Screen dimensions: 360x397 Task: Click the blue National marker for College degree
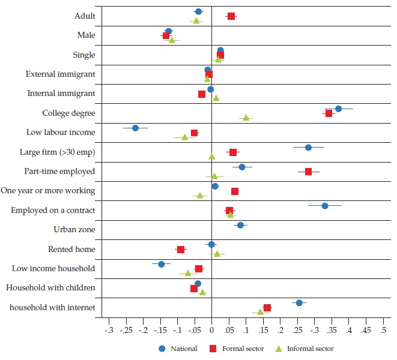click(339, 109)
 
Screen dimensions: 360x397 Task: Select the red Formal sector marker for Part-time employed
click(309, 172)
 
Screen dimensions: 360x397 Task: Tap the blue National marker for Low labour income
click(135, 128)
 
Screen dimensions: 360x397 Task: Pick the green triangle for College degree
click(246, 118)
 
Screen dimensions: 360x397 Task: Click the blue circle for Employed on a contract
click(325, 206)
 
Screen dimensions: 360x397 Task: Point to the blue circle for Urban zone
click(240, 226)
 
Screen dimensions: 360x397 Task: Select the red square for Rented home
click(180, 250)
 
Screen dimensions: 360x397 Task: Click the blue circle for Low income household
click(161, 264)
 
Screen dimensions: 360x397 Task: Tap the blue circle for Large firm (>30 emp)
click(308, 148)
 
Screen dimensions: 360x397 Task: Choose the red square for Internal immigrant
click(202, 94)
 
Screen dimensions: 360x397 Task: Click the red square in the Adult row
click(231, 16)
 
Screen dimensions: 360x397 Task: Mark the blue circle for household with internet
click(299, 303)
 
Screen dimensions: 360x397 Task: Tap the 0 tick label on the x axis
click(211, 329)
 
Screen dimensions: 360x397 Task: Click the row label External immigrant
click(60, 74)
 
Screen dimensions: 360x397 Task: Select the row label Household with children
click(50, 288)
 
